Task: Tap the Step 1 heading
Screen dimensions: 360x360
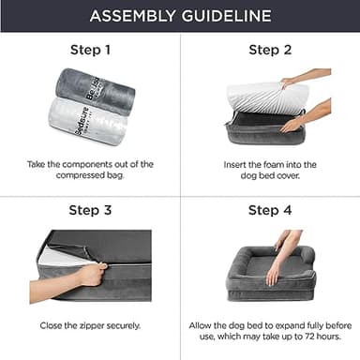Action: pyautogui.click(x=91, y=49)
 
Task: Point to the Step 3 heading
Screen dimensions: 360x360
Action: pyautogui.click(x=91, y=210)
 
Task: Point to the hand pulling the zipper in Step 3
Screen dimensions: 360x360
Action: pyautogui.click(x=91, y=275)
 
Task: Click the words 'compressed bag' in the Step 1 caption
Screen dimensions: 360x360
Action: pyautogui.click(x=91, y=175)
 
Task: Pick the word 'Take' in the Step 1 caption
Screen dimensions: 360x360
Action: pyautogui.click(x=39, y=163)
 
